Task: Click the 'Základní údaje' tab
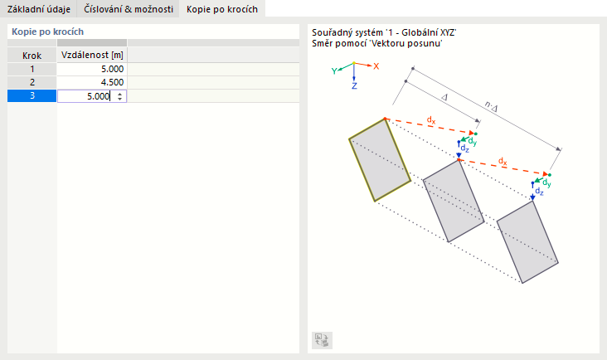pyautogui.click(x=39, y=9)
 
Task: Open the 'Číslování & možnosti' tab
pyautogui.click(x=129, y=9)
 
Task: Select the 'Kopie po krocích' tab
pyautogui.click(x=222, y=9)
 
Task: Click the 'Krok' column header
pyautogui.click(x=32, y=56)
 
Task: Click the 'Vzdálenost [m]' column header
pyautogui.click(x=92, y=55)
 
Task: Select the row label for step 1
pyautogui.click(x=32, y=70)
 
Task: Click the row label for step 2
pyautogui.click(x=32, y=82)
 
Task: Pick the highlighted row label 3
pyautogui.click(x=32, y=95)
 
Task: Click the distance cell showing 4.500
pyautogui.click(x=92, y=82)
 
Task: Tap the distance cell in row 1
pyautogui.click(x=92, y=70)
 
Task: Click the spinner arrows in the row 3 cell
pyautogui.click(x=120, y=96)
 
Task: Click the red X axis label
pyautogui.click(x=376, y=66)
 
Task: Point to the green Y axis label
pyautogui.click(x=334, y=71)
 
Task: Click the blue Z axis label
pyautogui.click(x=354, y=86)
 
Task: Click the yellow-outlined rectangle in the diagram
pyautogui.click(x=380, y=160)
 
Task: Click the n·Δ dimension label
pyautogui.click(x=491, y=106)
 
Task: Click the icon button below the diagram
pyautogui.click(x=322, y=340)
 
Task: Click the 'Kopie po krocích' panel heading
pyautogui.click(x=47, y=32)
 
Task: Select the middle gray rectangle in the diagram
pyautogui.click(x=454, y=201)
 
